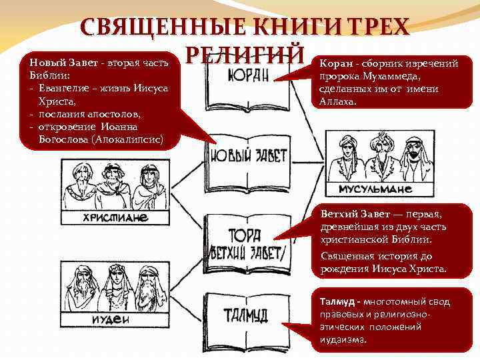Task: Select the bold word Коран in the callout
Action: click(334, 64)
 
